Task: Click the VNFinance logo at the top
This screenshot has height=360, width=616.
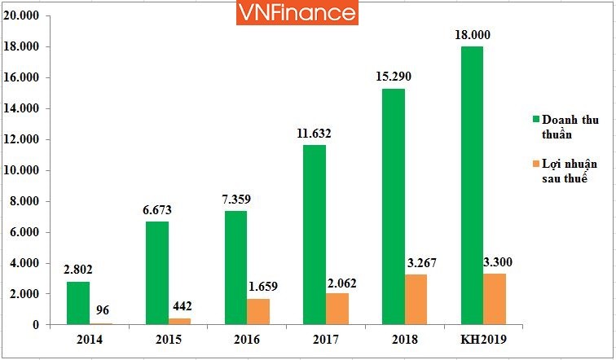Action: click(297, 13)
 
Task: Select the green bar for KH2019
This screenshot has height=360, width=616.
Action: click(472, 186)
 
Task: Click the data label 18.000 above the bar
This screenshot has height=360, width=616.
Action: click(473, 36)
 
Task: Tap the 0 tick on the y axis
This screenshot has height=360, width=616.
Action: click(36, 325)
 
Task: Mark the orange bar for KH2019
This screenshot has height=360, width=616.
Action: click(495, 299)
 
